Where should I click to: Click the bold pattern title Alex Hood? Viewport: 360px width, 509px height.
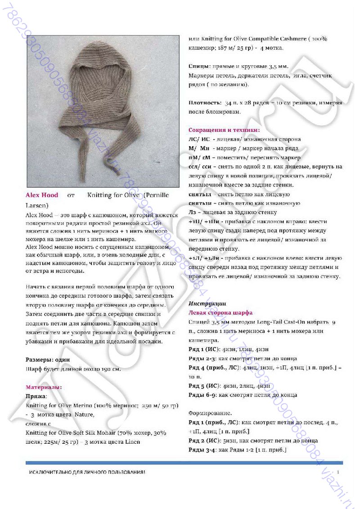[x=42, y=195]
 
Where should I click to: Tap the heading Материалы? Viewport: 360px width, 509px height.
[x=44, y=387]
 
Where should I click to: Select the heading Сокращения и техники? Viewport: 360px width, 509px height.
[x=224, y=130]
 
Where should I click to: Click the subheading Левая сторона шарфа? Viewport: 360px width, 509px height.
[x=220, y=313]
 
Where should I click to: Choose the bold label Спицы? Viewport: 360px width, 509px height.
[x=198, y=66]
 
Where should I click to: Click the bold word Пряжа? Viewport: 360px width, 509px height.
[x=36, y=396]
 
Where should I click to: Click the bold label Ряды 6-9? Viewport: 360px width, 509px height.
[x=202, y=395]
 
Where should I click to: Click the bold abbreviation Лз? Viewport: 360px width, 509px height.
[x=192, y=212]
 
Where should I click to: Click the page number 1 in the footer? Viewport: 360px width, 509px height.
[x=337, y=472]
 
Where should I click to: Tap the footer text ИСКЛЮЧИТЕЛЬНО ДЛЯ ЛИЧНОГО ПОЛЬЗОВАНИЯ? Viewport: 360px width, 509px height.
[x=87, y=472]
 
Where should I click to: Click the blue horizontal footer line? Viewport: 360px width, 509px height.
[x=184, y=463]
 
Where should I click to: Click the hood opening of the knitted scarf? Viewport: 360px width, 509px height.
[x=103, y=72]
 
